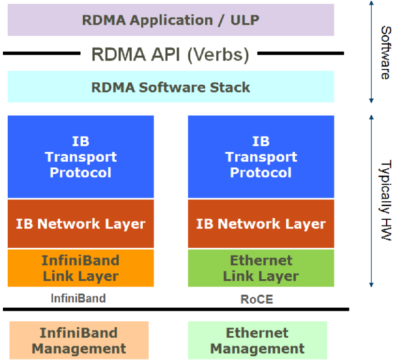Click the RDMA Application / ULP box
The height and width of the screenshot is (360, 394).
[x=170, y=20]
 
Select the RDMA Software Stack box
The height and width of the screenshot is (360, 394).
[x=170, y=87]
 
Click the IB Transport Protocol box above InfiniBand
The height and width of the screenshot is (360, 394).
[x=80, y=157]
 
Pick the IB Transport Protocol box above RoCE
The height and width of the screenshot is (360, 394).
[x=260, y=157]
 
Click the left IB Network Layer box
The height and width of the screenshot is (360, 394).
[x=80, y=224]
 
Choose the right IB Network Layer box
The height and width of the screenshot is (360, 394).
[x=260, y=224]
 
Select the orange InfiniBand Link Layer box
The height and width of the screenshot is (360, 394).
[x=80, y=268]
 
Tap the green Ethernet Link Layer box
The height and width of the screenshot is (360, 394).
[x=260, y=268]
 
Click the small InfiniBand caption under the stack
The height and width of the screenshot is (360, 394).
[x=78, y=298]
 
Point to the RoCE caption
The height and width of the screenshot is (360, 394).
[x=257, y=300]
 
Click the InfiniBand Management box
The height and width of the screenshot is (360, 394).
[x=78, y=340]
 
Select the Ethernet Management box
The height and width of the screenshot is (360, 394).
[x=257, y=340]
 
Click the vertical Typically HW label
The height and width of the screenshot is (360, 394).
[x=385, y=200]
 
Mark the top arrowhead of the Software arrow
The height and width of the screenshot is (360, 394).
[x=371, y=3]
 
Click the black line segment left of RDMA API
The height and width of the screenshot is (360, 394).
[x=41, y=53]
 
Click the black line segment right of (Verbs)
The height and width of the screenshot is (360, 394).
[x=300, y=53]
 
